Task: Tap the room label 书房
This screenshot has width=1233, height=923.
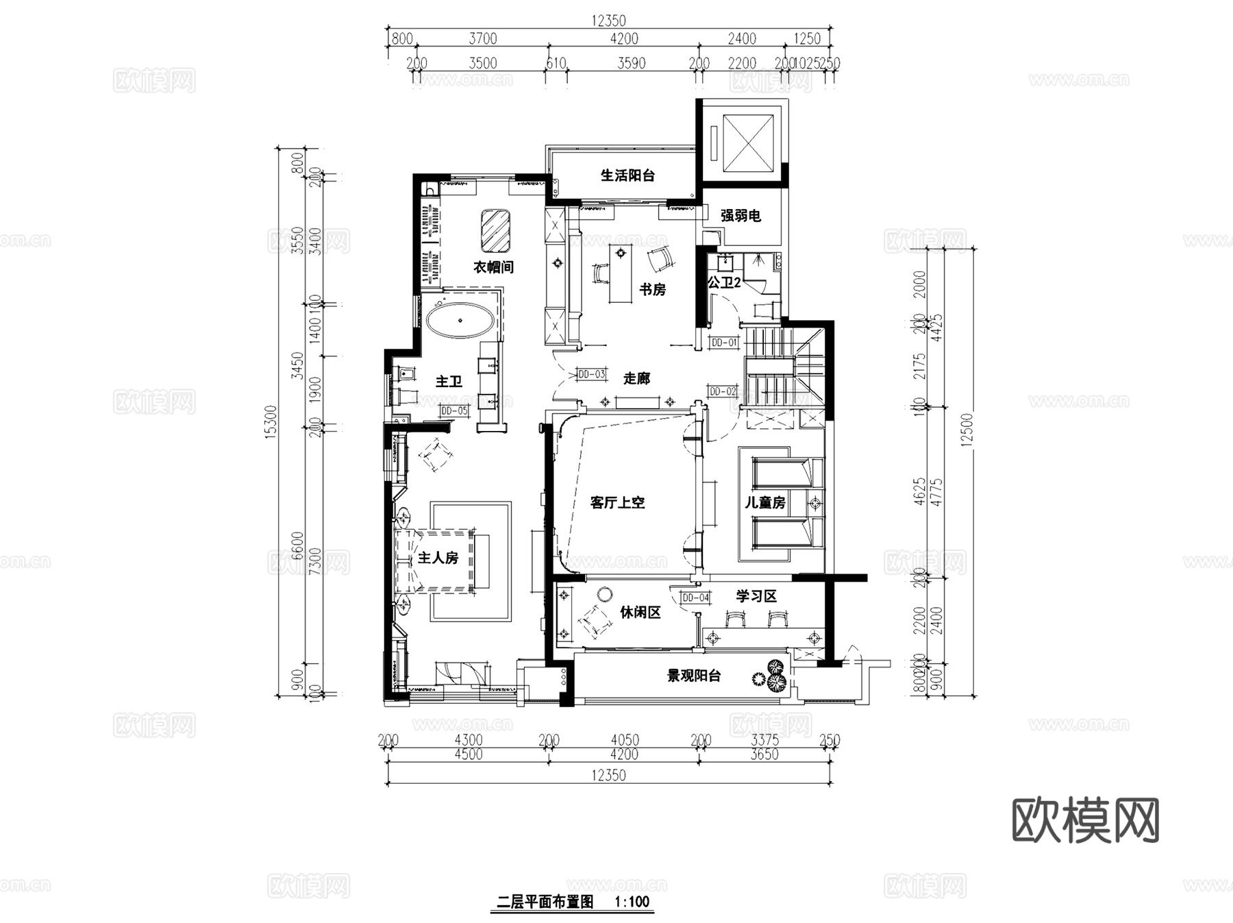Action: (x=652, y=290)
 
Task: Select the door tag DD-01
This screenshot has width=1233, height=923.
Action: (x=724, y=342)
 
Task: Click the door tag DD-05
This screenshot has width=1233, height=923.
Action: (x=454, y=410)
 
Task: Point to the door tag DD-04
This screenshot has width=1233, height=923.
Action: (x=695, y=598)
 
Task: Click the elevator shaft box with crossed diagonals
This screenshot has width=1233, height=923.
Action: (x=747, y=143)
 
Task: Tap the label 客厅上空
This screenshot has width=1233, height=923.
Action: (x=617, y=502)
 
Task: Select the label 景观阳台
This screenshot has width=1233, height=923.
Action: (x=694, y=676)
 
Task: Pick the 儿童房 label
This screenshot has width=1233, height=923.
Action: (x=765, y=502)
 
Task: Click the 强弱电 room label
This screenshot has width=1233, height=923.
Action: (x=740, y=216)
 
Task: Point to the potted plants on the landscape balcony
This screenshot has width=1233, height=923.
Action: (x=769, y=676)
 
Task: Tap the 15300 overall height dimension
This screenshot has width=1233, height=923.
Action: (x=271, y=422)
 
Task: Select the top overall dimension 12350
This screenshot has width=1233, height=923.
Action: (x=608, y=21)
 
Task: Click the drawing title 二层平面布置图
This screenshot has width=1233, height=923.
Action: (x=545, y=902)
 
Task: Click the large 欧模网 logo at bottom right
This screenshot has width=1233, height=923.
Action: (x=1085, y=820)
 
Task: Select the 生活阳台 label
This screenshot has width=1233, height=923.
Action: (x=627, y=175)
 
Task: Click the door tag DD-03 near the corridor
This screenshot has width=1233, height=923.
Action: (x=591, y=374)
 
